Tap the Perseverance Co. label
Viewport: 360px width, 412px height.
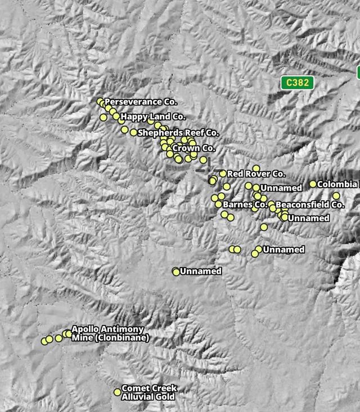click(141, 102)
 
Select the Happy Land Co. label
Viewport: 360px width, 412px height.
click(152, 117)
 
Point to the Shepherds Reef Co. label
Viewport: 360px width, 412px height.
click(178, 133)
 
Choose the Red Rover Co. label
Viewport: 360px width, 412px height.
click(256, 174)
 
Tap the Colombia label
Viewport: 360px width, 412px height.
click(336, 184)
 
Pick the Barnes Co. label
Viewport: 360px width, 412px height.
click(245, 205)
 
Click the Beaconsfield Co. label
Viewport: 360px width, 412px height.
click(310, 205)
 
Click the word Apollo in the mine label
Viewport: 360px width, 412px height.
click(85, 329)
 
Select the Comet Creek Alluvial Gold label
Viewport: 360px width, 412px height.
click(149, 392)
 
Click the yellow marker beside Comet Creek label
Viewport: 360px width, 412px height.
click(118, 392)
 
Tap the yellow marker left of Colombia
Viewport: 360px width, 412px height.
click(313, 184)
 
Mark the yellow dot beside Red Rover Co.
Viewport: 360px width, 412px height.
click(223, 174)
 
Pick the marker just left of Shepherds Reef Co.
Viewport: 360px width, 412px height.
click(133, 133)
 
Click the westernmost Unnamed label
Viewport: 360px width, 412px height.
click(200, 271)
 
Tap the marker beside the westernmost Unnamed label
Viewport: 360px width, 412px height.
click(176, 272)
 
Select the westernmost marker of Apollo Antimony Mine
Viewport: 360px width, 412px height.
click(44, 341)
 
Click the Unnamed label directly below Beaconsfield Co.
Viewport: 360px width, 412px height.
click(309, 218)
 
